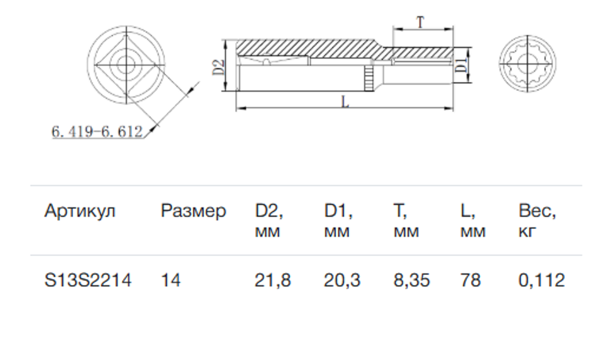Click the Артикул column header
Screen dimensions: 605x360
point(80,211)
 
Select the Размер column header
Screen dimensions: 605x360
point(193,211)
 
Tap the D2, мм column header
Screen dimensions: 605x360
point(269,220)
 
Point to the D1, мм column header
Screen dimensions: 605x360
point(338,220)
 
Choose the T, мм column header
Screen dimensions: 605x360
point(406,220)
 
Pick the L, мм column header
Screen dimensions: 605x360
point(473,220)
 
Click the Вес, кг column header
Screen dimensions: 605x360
point(537,220)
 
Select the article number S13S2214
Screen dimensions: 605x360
point(88,280)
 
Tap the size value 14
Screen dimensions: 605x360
point(171,280)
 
